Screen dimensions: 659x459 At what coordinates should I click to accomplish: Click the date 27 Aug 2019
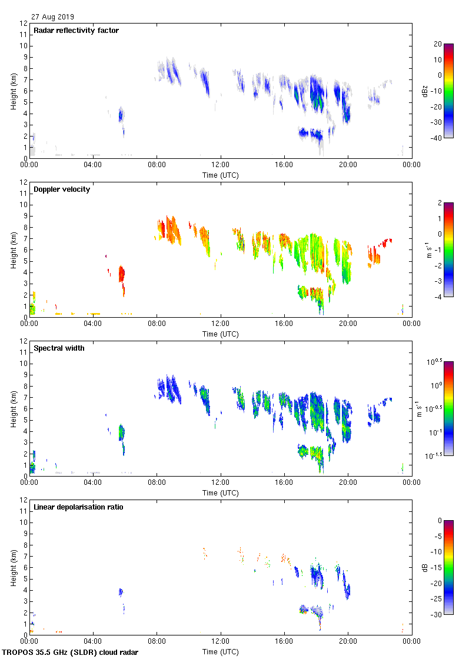[x=53, y=17]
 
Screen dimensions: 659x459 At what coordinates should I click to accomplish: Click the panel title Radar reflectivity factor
[x=76, y=31]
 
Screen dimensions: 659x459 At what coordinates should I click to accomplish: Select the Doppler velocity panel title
[x=62, y=189]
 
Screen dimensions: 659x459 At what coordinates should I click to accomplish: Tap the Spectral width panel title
[x=59, y=348]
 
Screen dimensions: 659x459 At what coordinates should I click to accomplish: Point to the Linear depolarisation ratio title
[x=78, y=507]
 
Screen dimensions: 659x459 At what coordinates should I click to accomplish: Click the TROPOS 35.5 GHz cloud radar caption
[x=71, y=653]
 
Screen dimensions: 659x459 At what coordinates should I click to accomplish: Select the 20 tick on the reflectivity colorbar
[x=438, y=44]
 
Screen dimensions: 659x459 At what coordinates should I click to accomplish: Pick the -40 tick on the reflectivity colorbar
[x=438, y=138]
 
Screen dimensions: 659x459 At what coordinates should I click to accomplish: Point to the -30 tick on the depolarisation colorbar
[x=438, y=615]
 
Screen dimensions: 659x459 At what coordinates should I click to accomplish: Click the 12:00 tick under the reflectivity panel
[x=221, y=165]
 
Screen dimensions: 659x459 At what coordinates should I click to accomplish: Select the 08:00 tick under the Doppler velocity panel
[x=157, y=324]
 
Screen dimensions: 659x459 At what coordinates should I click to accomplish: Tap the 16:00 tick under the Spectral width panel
[x=284, y=483]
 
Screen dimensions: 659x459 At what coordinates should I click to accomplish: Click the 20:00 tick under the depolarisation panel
[x=348, y=642]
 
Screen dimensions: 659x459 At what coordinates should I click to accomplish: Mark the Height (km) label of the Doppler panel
[x=13, y=250]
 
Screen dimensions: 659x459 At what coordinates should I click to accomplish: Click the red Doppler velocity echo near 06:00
[x=122, y=275]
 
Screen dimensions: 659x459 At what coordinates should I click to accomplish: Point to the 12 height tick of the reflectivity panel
[x=24, y=24]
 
